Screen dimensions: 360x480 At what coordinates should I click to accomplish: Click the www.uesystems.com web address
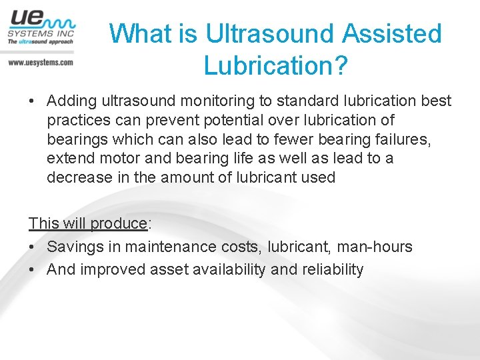[x=41, y=62]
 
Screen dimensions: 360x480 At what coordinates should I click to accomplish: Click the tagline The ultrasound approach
[x=40, y=41]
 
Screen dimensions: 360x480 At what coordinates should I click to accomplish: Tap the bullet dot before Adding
[x=32, y=101]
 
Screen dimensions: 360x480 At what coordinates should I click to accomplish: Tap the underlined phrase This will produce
[x=87, y=223]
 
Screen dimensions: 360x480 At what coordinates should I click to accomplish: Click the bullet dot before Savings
[x=32, y=247]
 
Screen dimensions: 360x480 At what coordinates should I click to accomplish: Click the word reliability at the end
[x=333, y=270]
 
